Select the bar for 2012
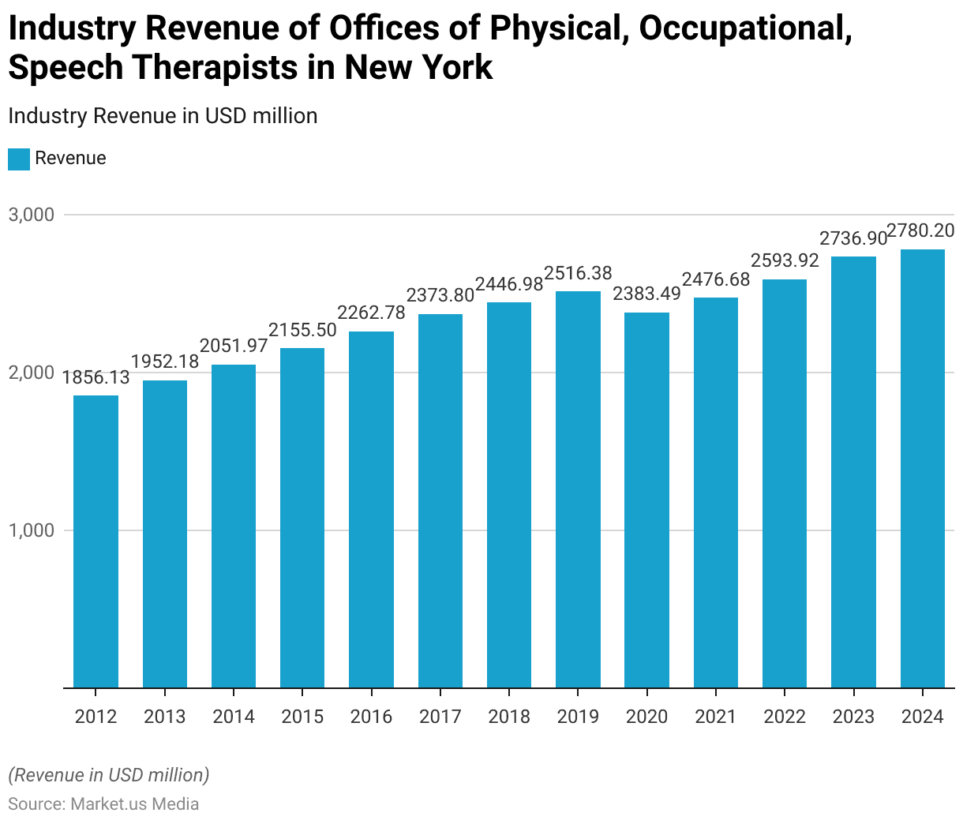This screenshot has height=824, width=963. [x=96, y=541]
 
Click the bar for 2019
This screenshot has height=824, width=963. [x=578, y=489]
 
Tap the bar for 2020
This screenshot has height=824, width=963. [x=646, y=500]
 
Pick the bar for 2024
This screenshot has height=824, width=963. [x=922, y=469]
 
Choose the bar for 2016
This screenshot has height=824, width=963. [x=371, y=510]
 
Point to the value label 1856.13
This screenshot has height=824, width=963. [x=96, y=377]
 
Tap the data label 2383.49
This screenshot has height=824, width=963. [x=646, y=294]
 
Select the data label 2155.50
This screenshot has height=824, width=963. [x=302, y=330]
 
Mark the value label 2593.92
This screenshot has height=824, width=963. [x=785, y=260]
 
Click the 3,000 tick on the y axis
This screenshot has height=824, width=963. [x=31, y=215]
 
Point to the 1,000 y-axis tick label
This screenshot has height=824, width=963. [x=31, y=530]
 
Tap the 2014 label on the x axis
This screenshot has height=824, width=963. [x=234, y=717]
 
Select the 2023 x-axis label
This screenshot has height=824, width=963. [x=853, y=717]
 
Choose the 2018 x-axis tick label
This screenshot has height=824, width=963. [x=509, y=717]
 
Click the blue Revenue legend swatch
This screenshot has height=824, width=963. [x=19, y=159]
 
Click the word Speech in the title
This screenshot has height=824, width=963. [x=66, y=67]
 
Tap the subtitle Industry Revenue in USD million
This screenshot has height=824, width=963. [x=163, y=116]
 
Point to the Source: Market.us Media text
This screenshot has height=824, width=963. [x=103, y=804]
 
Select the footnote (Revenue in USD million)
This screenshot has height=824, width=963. [x=109, y=775]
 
